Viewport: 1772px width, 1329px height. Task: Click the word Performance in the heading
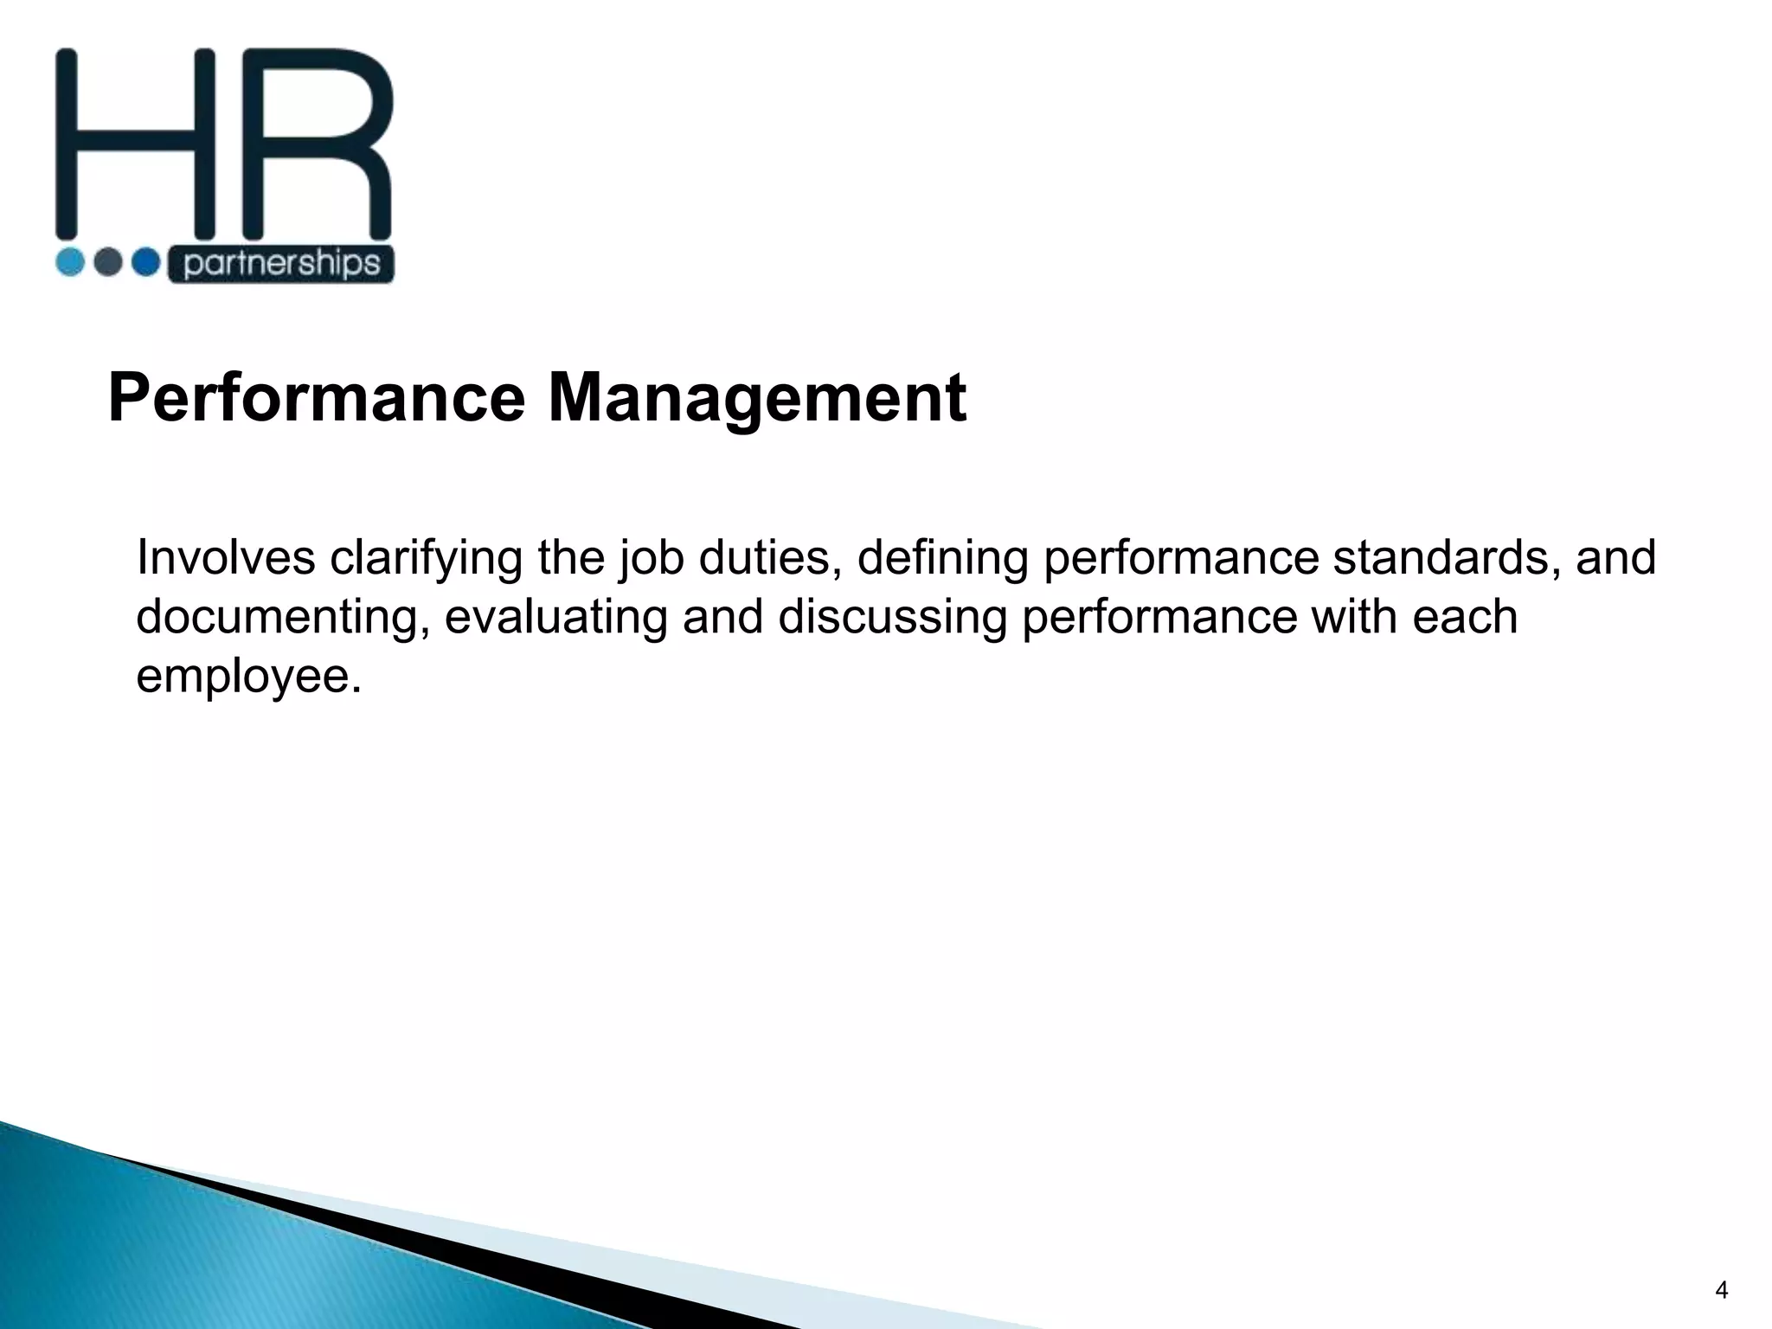[x=316, y=399]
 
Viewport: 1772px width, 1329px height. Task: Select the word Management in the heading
[x=757, y=399]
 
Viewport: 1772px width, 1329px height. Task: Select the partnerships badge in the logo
[x=280, y=264]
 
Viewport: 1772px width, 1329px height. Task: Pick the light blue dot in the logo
[x=70, y=262]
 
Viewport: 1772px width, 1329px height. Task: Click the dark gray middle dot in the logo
[x=108, y=262]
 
